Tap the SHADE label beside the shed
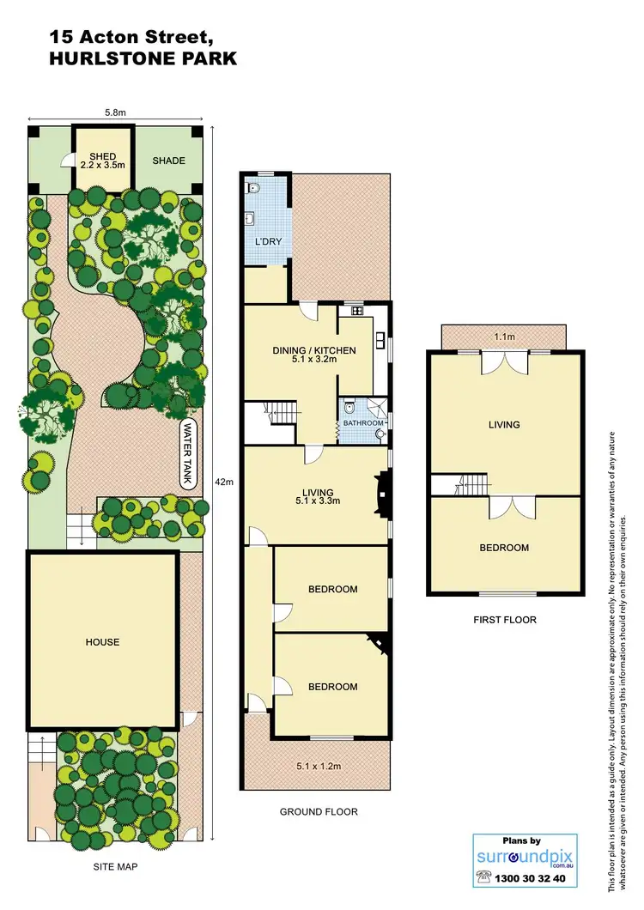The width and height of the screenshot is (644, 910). click(168, 161)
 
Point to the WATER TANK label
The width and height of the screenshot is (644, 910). click(188, 454)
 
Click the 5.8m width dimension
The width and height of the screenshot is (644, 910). click(115, 112)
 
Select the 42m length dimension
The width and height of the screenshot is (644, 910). click(225, 482)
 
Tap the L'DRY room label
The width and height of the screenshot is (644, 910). click(267, 242)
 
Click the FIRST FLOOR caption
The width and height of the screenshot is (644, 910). click(505, 619)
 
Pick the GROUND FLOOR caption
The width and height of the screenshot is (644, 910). click(319, 811)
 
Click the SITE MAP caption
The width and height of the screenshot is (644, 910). click(115, 868)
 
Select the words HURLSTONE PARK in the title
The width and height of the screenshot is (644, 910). click(143, 59)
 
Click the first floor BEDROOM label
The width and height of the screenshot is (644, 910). click(505, 548)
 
